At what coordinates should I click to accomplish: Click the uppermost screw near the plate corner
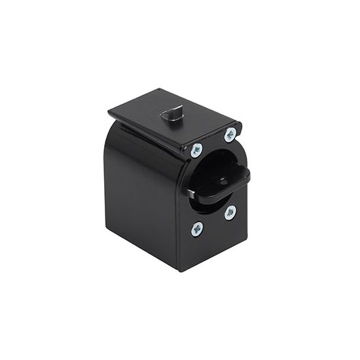(230, 135)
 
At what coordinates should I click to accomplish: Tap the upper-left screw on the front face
(197, 150)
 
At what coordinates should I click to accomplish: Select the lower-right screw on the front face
(230, 213)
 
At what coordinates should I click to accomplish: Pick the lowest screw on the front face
(197, 228)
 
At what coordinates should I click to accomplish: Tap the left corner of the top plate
(110, 114)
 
